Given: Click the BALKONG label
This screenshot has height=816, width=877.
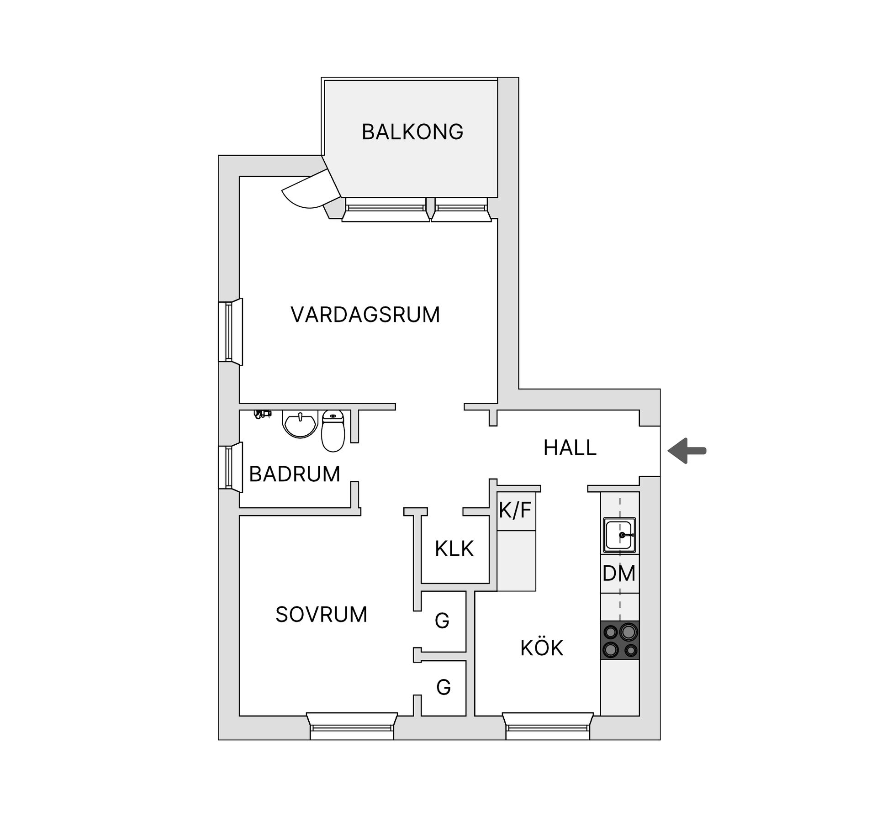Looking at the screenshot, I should tap(412, 132).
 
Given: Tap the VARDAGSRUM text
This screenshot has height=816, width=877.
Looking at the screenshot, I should tap(365, 315).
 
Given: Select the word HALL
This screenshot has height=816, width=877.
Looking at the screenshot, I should tap(570, 447).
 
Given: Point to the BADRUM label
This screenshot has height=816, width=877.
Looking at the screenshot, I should tap(295, 474).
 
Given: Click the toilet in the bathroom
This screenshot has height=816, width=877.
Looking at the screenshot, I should tap(333, 432).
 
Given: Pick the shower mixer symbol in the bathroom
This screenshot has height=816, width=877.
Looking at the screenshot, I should tap(262, 414).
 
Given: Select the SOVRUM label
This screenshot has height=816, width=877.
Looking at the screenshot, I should tap(321, 615).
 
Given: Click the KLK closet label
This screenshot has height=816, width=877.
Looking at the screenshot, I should tap(454, 548).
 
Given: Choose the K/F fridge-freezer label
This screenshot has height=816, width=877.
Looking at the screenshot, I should tap(515, 510).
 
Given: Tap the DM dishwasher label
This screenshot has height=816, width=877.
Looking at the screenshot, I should tap(619, 574).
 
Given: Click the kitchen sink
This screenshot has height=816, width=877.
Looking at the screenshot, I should tap(619, 535).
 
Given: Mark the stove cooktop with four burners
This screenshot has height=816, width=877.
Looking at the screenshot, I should tap(620, 640).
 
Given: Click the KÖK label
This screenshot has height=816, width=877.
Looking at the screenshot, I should tap(542, 648).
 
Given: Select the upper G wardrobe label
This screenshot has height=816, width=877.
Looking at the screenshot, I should tap(442, 621).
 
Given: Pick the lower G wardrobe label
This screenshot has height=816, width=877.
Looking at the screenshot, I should tap(443, 687).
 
